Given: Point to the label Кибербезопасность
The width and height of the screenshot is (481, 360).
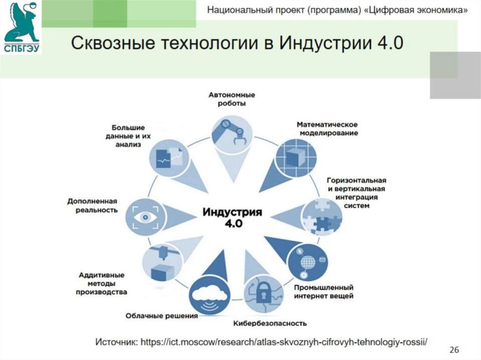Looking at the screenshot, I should coord(270,323).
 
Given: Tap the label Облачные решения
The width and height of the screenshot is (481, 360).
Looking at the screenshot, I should coord(161,316).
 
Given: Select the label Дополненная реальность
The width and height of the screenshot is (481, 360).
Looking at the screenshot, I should coord(92,206).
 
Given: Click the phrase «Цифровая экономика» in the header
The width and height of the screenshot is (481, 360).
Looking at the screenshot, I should coord(416,11).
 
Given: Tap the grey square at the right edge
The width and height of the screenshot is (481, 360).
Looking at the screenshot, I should coord(455,75).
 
